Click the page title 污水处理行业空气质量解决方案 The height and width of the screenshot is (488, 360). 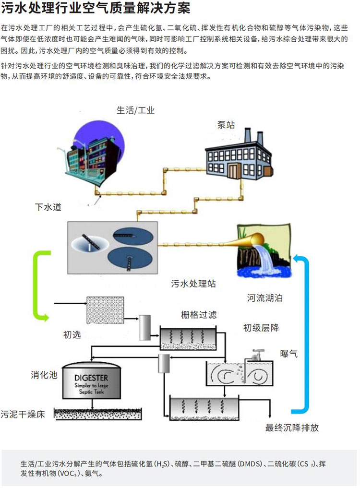pyautogui.click(x=96, y=9)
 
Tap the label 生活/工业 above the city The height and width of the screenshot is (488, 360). pyautogui.click(x=136, y=110)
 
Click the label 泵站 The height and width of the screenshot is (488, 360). pyautogui.click(x=226, y=125)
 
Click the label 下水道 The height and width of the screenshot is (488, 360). pyautogui.click(x=48, y=207)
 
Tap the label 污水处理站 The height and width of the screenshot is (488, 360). pyautogui.click(x=193, y=284)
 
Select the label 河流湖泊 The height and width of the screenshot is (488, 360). pyautogui.click(x=265, y=298)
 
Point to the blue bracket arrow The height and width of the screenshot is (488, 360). pyautogui.click(x=301, y=336)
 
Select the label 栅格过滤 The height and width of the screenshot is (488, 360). pyautogui.click(x=199, y=315)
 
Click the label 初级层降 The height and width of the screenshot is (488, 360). pyautogui.click(x=261, y=328)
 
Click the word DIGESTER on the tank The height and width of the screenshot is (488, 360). pyautogui.click(x=91, y=378)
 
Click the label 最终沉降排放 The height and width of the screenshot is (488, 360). pyautogui.click(x=292, y=428)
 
